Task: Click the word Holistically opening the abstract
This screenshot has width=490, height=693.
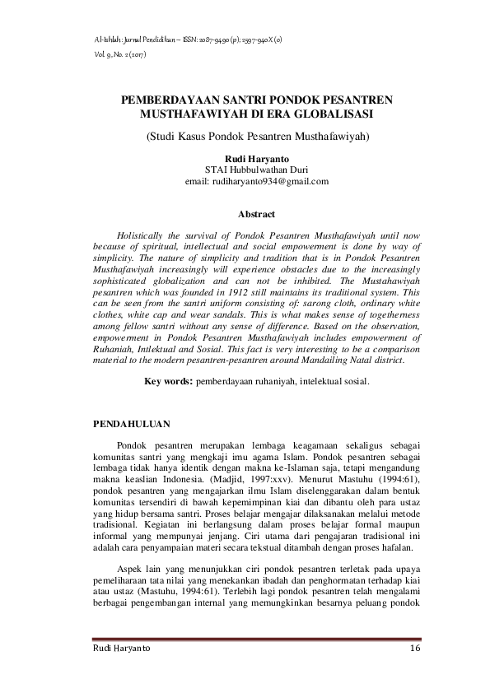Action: [147, 235]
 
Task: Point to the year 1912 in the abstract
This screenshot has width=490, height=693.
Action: [224, 292]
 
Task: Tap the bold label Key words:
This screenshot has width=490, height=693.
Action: [170, 381]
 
